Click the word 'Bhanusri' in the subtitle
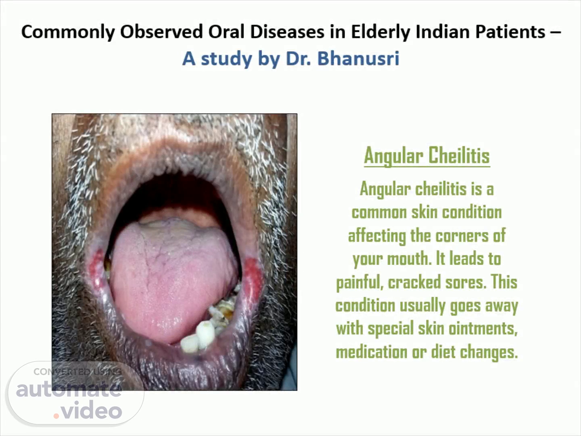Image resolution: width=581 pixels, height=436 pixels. [358, 59]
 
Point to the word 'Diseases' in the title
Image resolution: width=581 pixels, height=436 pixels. [287, 32]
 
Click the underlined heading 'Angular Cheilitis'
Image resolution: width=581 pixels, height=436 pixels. [427, 156]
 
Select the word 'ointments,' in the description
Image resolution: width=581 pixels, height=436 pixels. [483, 329]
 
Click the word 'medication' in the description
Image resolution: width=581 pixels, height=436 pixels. [372, 352]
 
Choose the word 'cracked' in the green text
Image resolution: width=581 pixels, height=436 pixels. [414, 282]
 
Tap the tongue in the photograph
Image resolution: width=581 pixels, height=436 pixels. [172, 278]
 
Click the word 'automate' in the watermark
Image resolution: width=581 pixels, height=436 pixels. [69, 390]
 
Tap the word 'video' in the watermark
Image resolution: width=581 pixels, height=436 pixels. [92, 410]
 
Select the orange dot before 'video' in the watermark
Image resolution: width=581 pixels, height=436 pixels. [56, 416]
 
